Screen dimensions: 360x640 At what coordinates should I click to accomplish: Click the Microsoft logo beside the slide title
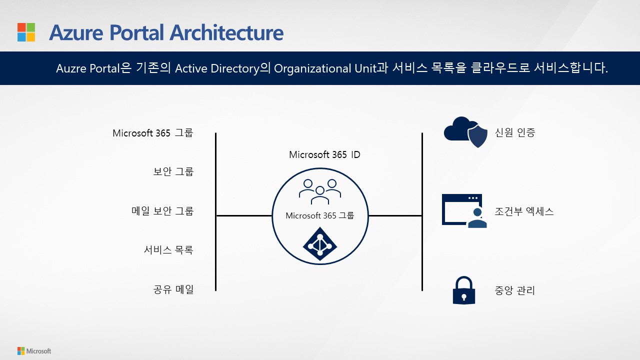26,32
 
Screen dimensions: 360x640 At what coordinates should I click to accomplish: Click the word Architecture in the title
226,33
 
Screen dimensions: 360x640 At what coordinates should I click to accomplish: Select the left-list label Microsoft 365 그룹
152,133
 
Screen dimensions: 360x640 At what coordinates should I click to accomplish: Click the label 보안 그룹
173,171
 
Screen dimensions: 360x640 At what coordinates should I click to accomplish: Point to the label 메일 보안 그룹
162,211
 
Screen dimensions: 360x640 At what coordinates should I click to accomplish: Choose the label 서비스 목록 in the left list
168,250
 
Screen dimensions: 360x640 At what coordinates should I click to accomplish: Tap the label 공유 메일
173,289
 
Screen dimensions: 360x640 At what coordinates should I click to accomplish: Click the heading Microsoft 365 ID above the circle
324,154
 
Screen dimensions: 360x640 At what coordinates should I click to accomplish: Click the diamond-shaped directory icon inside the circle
320,243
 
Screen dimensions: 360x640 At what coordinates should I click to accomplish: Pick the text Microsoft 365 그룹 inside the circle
320,215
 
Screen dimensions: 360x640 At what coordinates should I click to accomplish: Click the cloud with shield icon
465,132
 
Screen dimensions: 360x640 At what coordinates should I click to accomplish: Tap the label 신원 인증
515,132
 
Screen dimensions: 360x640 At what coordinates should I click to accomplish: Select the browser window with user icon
463,210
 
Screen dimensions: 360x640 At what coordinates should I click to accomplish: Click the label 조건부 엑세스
524,211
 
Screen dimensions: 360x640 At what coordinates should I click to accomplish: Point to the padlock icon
463,290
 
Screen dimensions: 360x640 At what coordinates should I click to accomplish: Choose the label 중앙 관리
515,290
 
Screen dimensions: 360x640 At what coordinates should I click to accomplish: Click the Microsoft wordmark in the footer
39,351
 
